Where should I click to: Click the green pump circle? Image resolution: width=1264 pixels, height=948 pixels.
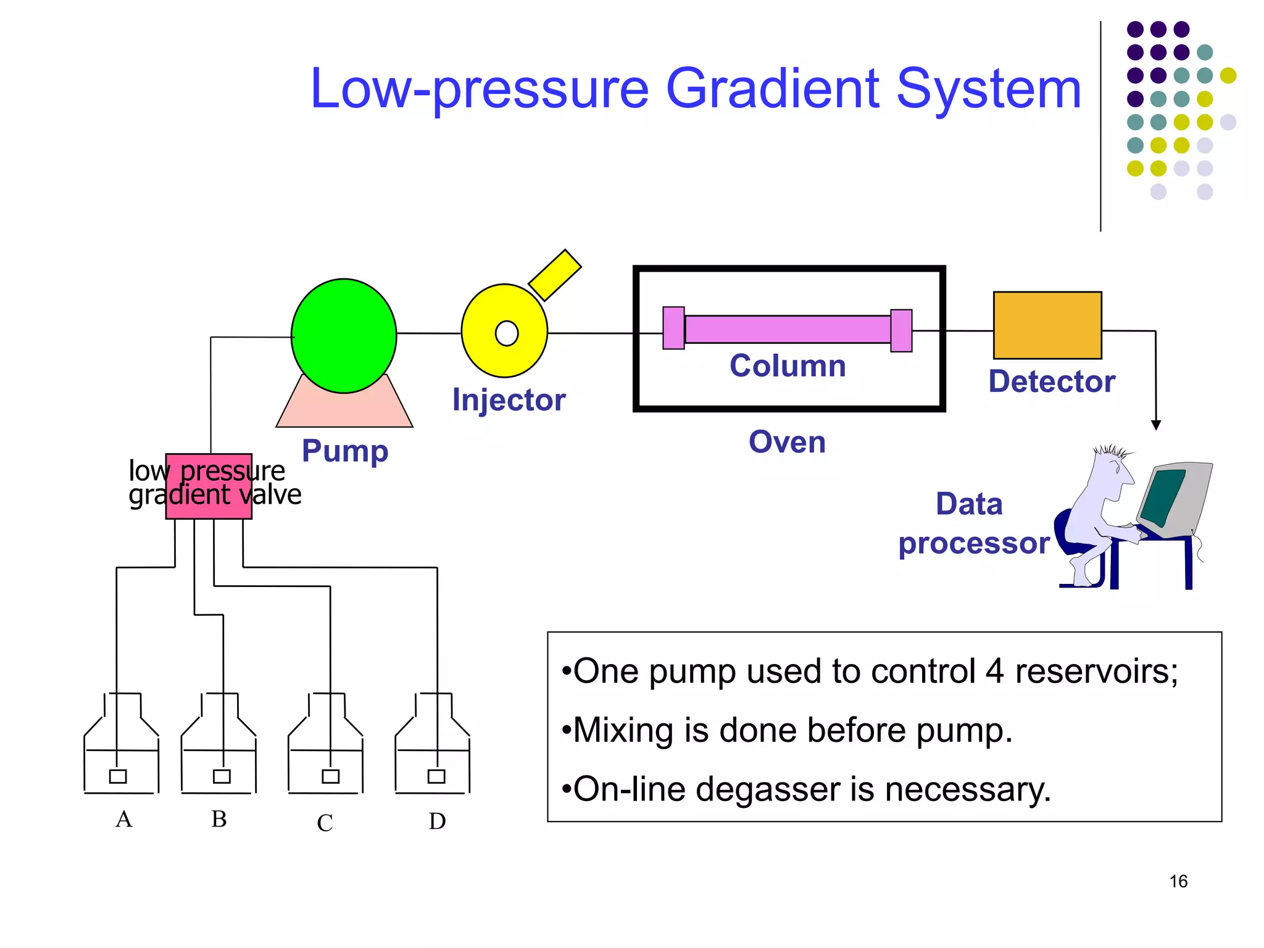pyautogui.click(x=344, y=336)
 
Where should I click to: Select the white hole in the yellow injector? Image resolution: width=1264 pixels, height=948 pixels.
pyautogui.click(x=507, y=333)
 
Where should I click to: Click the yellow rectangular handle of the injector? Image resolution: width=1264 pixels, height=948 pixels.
pyautogui.click(x=555, y=275)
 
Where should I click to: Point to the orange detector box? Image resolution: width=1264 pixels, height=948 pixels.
pyautogui.click(x=1047, y=325)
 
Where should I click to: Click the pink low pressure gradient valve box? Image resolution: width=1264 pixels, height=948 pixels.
pyautogui.click(x=209, y=486)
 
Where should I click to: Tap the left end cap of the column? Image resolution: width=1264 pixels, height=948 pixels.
pyautogui.click(x=673, y=328)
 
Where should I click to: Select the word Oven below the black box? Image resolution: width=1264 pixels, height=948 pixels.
pyautogui.click(x=787, y=442)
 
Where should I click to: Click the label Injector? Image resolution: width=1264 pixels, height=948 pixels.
pyautogui.click(x=509, y=400)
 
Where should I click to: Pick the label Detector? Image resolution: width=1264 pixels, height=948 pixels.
pyautogui.click(x=1052, y=381)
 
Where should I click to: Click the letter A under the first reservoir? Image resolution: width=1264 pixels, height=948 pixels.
pyautogui.click(x=123, y=819)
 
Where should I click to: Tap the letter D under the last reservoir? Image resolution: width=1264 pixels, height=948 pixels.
pyautogui.click(x=437, y=821)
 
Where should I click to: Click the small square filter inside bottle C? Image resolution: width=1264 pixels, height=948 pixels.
pyautogui.click(x=330, y=776)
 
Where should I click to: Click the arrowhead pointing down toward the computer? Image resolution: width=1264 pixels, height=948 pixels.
pyautogui.click(x=1156, y=425)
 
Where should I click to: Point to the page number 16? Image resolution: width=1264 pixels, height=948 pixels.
pyautogui.click(x=1178, y=881)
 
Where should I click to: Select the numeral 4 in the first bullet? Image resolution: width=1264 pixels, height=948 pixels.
pyautogui.click(x=994, y=671)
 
